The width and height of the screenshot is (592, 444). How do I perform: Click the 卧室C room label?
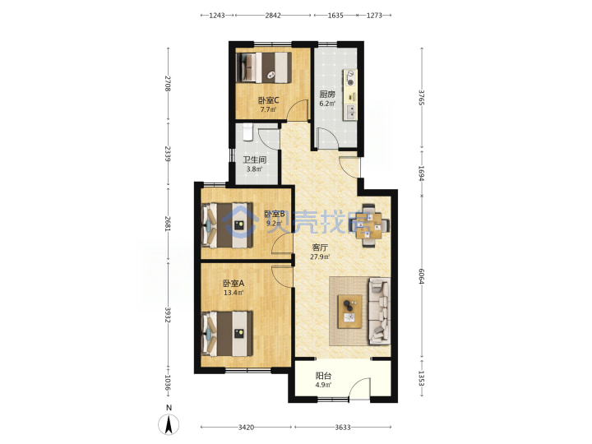click(x=268, y=100)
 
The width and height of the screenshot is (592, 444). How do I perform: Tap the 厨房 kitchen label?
click(x=327, y=95)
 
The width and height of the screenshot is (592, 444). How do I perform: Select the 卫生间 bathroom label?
click(x=254, y=160)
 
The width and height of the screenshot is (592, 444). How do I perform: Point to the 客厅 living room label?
click(x=320, y=247)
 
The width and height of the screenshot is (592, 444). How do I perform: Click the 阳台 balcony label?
click(x=323, y=376)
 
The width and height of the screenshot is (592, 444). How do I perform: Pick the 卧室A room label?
click(x=234, y=283)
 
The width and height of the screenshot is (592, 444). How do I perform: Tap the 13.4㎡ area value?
click(x=234, y=292)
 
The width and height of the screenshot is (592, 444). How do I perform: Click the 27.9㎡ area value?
click(x=320, y=257)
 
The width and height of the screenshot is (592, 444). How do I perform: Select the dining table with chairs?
click(x=369, y=225)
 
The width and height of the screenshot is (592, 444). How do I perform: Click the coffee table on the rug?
click(x=350, y=312)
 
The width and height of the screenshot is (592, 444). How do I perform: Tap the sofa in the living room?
click(x=380, y=311)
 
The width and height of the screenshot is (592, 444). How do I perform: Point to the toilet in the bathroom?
click(x=247, y=132)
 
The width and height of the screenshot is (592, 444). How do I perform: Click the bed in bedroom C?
click(x=264, y=67)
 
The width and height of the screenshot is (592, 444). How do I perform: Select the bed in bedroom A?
click(x=227, y=334)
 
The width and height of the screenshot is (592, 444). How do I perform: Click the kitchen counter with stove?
click(x=350, y=95)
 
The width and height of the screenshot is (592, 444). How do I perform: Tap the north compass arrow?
click(x=169, y=424)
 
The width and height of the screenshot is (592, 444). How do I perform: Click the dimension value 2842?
click(x=273, y=15)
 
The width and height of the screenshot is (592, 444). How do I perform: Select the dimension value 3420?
click(x=246, y=427)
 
